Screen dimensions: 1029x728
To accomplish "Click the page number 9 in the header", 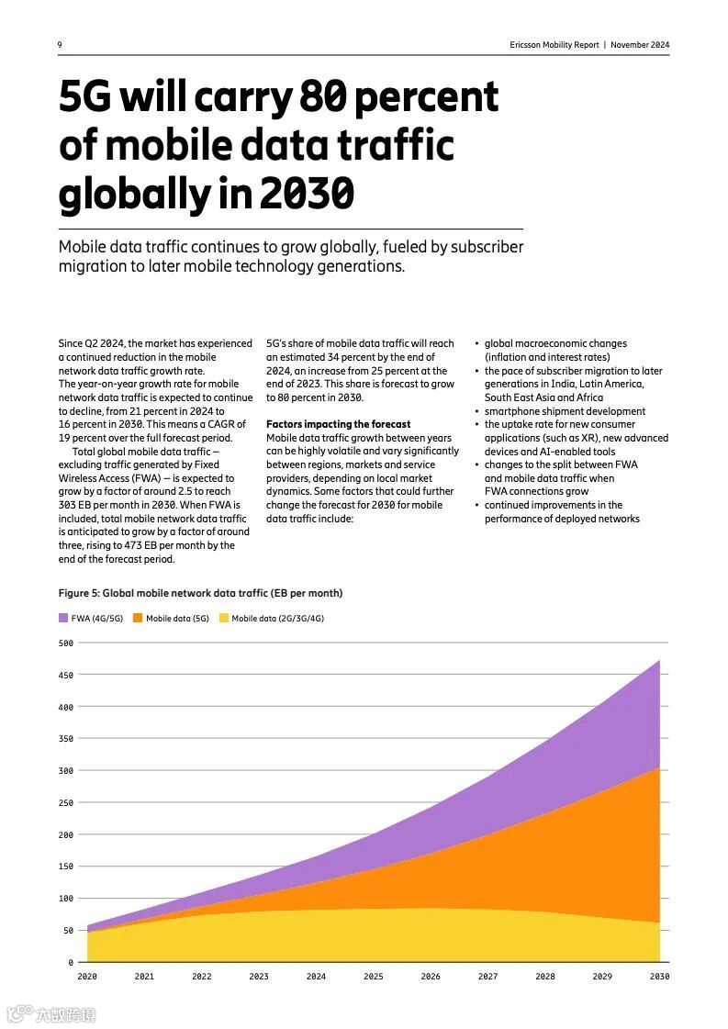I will point(61,45).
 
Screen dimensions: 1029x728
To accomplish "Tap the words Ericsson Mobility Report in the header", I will point(554,45).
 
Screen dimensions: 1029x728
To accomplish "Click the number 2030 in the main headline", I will point(308,193).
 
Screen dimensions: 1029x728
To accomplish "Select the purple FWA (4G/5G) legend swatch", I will point(63,618).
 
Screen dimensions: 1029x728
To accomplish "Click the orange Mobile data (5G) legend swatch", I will point(138,618).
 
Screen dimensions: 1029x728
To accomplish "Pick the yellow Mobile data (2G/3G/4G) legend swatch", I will point(223,618).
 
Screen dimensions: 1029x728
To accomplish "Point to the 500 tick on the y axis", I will point(65,643).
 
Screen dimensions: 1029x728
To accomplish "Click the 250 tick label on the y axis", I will point(65,803).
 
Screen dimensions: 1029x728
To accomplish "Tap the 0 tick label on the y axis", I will point(70,963).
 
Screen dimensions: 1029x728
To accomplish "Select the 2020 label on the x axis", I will point(87,977).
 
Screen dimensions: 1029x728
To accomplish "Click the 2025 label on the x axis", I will point(374,977).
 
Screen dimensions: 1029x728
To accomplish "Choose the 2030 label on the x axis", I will point(659,977).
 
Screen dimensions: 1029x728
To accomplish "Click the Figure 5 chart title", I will point(200,593).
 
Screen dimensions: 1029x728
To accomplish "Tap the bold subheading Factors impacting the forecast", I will point(339,424).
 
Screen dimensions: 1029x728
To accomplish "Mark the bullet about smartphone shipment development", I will point(565,411).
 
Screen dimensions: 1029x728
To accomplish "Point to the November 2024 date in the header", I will point(640,45).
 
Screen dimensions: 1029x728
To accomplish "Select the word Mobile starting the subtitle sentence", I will point(83,247).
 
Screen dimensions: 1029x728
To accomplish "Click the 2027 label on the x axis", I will point(487,977).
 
